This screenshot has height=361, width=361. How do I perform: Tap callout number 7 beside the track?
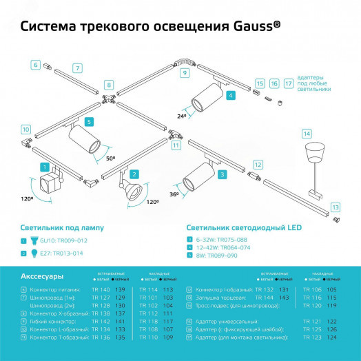[x=78, y=68]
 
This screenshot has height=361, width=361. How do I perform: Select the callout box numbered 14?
[x=307, y=133]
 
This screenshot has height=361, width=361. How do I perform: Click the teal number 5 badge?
[x=88, y=121]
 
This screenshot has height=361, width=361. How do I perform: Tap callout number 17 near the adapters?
[x=289, y=84]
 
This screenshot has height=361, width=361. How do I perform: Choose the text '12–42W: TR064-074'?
[x=222, y=247]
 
